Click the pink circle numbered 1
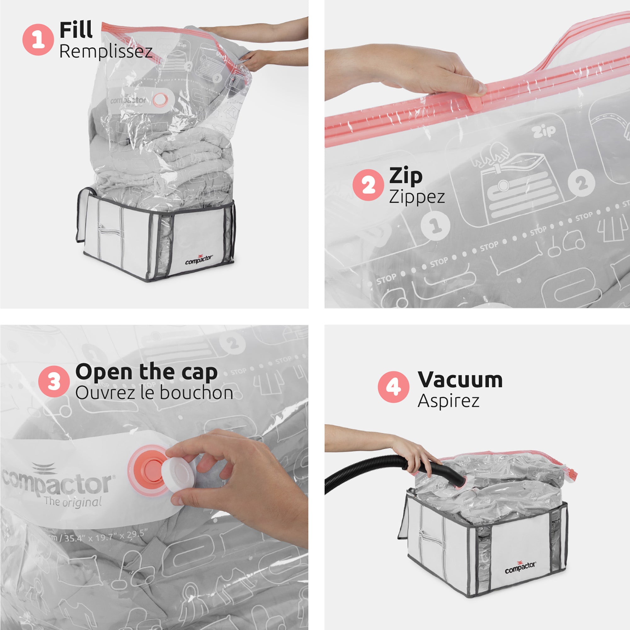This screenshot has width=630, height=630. tap(38, 39)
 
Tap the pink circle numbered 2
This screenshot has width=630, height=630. tap(368, 185)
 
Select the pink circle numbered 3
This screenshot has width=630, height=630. tap(54, 381)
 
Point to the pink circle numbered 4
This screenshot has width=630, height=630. tap(393, 387)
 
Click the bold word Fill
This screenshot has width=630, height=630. tap(76, 30)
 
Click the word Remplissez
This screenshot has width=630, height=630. tap(106, 52)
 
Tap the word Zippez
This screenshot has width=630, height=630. tap(417, 197)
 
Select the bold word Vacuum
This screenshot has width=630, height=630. tap(460, 380)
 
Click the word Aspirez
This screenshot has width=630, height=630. tap(448, 401)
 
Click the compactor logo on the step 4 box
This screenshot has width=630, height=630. tap(520, 567)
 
